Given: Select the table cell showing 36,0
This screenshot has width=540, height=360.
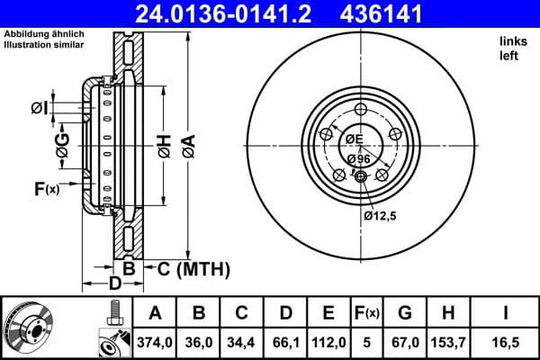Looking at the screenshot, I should (x=199, y=341).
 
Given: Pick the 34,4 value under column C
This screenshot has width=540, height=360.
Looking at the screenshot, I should (x=242, y=341).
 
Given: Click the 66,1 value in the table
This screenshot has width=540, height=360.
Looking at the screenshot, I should (x=285, y=341).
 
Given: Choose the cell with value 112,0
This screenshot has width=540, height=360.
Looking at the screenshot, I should (x=328, y=341).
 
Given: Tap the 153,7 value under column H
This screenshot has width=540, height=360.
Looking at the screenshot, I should (x=447, y=341).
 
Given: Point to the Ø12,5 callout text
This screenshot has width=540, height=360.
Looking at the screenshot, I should (x=381, y=216).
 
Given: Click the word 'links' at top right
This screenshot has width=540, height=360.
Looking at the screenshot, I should (x=513, y=41).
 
